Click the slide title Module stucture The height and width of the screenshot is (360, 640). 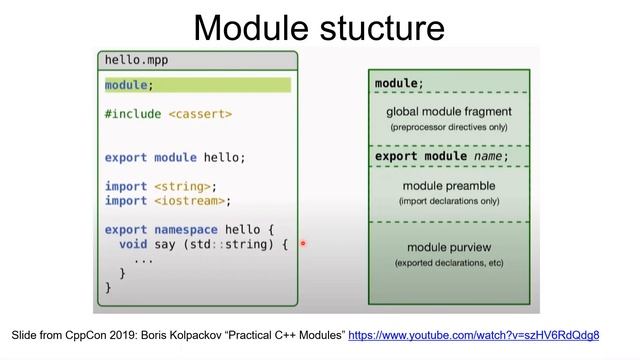tap(319, 26)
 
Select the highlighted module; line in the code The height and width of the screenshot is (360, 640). tap(128, 85)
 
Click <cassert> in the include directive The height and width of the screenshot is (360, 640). tap(200, 114)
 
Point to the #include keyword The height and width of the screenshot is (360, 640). tap(133, 114)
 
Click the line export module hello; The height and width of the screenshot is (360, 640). tap(175, 158)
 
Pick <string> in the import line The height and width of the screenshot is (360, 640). tap(185, 186)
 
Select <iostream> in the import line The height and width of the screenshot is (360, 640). tap(192, 200)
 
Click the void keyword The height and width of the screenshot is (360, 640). tap(133, 243)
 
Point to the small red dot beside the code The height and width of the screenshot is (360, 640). tap(302, 243)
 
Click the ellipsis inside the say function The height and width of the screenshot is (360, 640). tap(143, 258)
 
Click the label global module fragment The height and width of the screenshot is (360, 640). tap(449, 111)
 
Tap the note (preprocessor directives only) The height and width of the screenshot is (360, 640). tap(449, 127)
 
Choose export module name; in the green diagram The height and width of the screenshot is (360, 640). tap(441, 156)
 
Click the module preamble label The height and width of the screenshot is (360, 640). tap(449, 186)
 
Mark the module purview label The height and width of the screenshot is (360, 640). tap(449, 247)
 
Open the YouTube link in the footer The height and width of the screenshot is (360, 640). tap(473, 334)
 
